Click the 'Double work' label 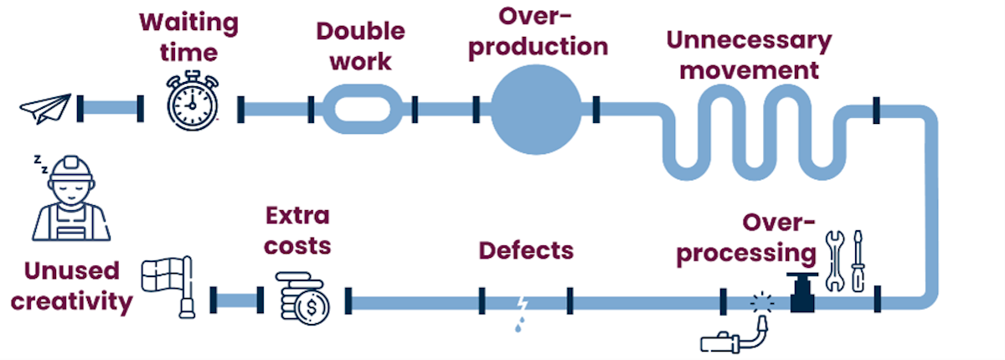360,47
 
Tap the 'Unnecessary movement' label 749,54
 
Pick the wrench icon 834,260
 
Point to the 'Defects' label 526,249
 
